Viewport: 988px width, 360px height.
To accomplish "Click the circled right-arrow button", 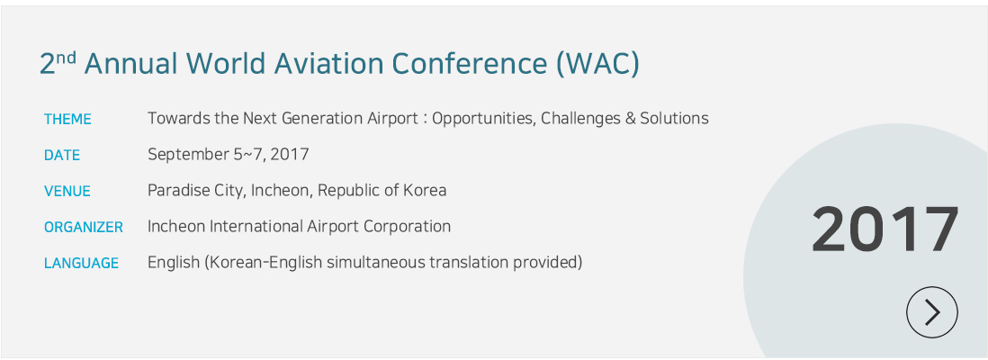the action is coord(932,312).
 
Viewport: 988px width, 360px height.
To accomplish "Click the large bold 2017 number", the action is coord(885,229).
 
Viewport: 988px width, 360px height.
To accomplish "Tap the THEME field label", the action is coord(67,119).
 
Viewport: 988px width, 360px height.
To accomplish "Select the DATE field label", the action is coord(62,155).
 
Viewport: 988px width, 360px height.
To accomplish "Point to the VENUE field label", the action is coord(67,191).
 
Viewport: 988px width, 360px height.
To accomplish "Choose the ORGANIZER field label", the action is coord(83,227).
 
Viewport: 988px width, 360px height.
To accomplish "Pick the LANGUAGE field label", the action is coord(81,263).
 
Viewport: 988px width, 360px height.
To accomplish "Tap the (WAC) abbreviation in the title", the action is coord(597,64).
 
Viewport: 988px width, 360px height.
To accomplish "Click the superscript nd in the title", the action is coord(67,57).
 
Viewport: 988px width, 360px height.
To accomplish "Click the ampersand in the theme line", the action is coord(630,119).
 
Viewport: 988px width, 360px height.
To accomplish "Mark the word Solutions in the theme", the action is coord(674,118).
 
